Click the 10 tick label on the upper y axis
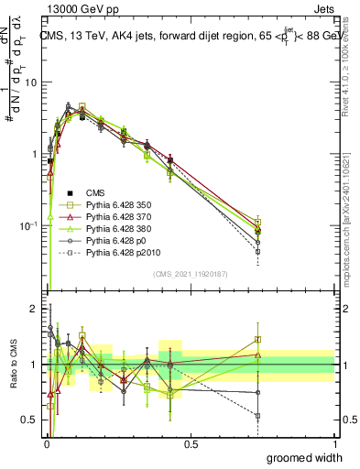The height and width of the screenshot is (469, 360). [x=31, y=82]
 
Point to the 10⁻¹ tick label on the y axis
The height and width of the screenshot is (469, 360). [x=29, y=225]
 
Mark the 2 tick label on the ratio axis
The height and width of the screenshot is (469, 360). [x=36, y=308]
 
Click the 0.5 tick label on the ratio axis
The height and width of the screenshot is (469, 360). [x=31, y=421]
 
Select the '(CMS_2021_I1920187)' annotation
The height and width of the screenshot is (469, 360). [x=190, y=273]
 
